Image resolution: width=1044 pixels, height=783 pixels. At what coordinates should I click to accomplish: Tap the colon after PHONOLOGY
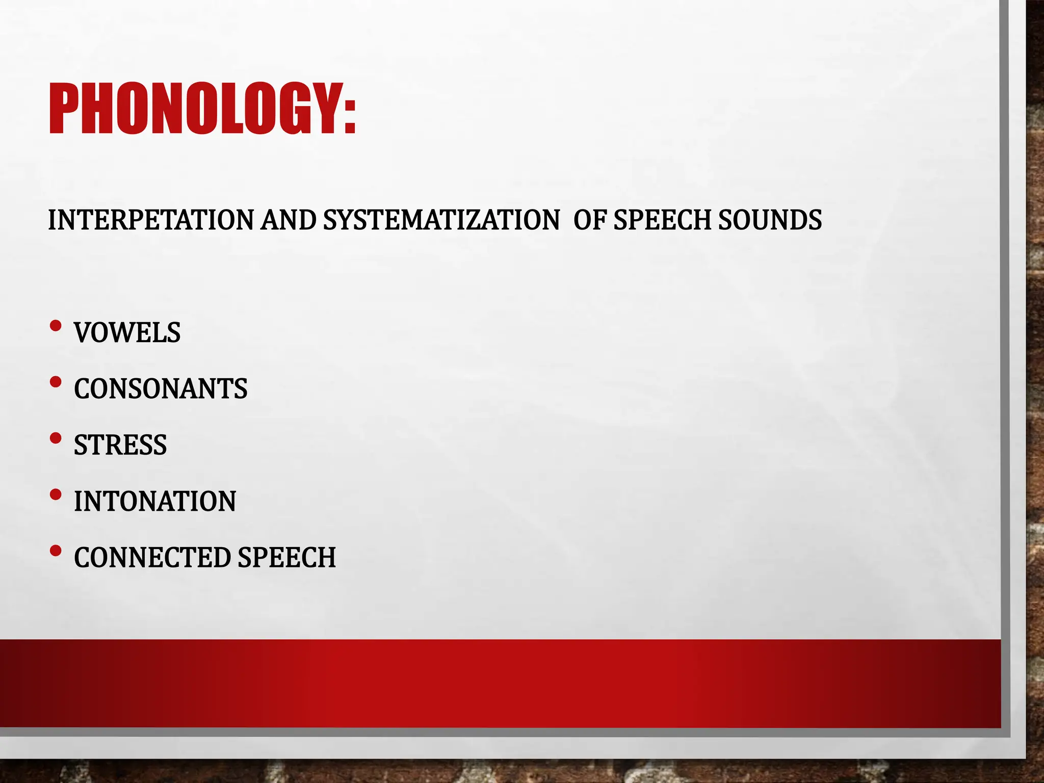pyautogui.click(x=349, y=115)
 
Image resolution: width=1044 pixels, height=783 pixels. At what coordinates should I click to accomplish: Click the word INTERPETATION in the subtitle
pyautogui.click(x=151, y=220)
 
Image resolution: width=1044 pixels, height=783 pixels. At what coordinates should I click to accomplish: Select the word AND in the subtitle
pyautogui.click(x=289, y=220)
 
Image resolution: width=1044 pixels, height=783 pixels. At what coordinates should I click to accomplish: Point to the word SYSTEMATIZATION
pyautogui.click(x=441, y=220)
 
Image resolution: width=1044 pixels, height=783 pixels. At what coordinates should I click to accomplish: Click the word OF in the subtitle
pyautogui.click(x=590, y=220)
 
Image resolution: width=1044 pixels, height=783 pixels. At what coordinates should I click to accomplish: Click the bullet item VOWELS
pyautogui.click(x=127, y=333)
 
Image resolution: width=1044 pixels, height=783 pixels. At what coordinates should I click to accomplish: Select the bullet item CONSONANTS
pyautogui.click(x=161, y=389)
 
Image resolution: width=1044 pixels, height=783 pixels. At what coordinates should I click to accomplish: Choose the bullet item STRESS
pyautogui.click(x=120, y=445)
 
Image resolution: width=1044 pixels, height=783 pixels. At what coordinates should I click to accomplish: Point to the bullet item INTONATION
pyautogui.click(x=155, y=501)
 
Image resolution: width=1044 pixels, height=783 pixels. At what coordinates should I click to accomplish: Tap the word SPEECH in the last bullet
pyautogui.click(x=286, y=557)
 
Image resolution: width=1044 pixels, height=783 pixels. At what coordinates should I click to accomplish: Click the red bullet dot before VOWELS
pyautogui.click(x=56, y=326)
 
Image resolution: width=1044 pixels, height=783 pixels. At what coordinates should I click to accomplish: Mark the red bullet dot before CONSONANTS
pyautogui.click(x=56, y=382)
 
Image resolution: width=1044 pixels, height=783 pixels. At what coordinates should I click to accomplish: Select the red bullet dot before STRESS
pyautogui.click(x=56, y=438)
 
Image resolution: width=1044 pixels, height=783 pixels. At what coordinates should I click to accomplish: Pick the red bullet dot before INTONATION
pyautogui.click(x=56, y=494)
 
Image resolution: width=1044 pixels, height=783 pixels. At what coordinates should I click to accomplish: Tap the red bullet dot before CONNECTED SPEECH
pyautogui.click(x=56, y=551)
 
